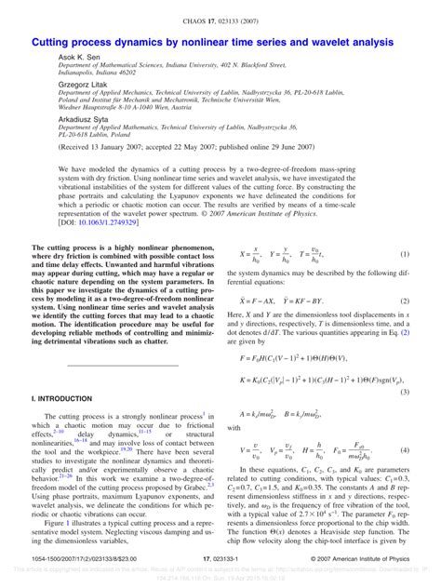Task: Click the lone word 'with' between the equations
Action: pos(247,428)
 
